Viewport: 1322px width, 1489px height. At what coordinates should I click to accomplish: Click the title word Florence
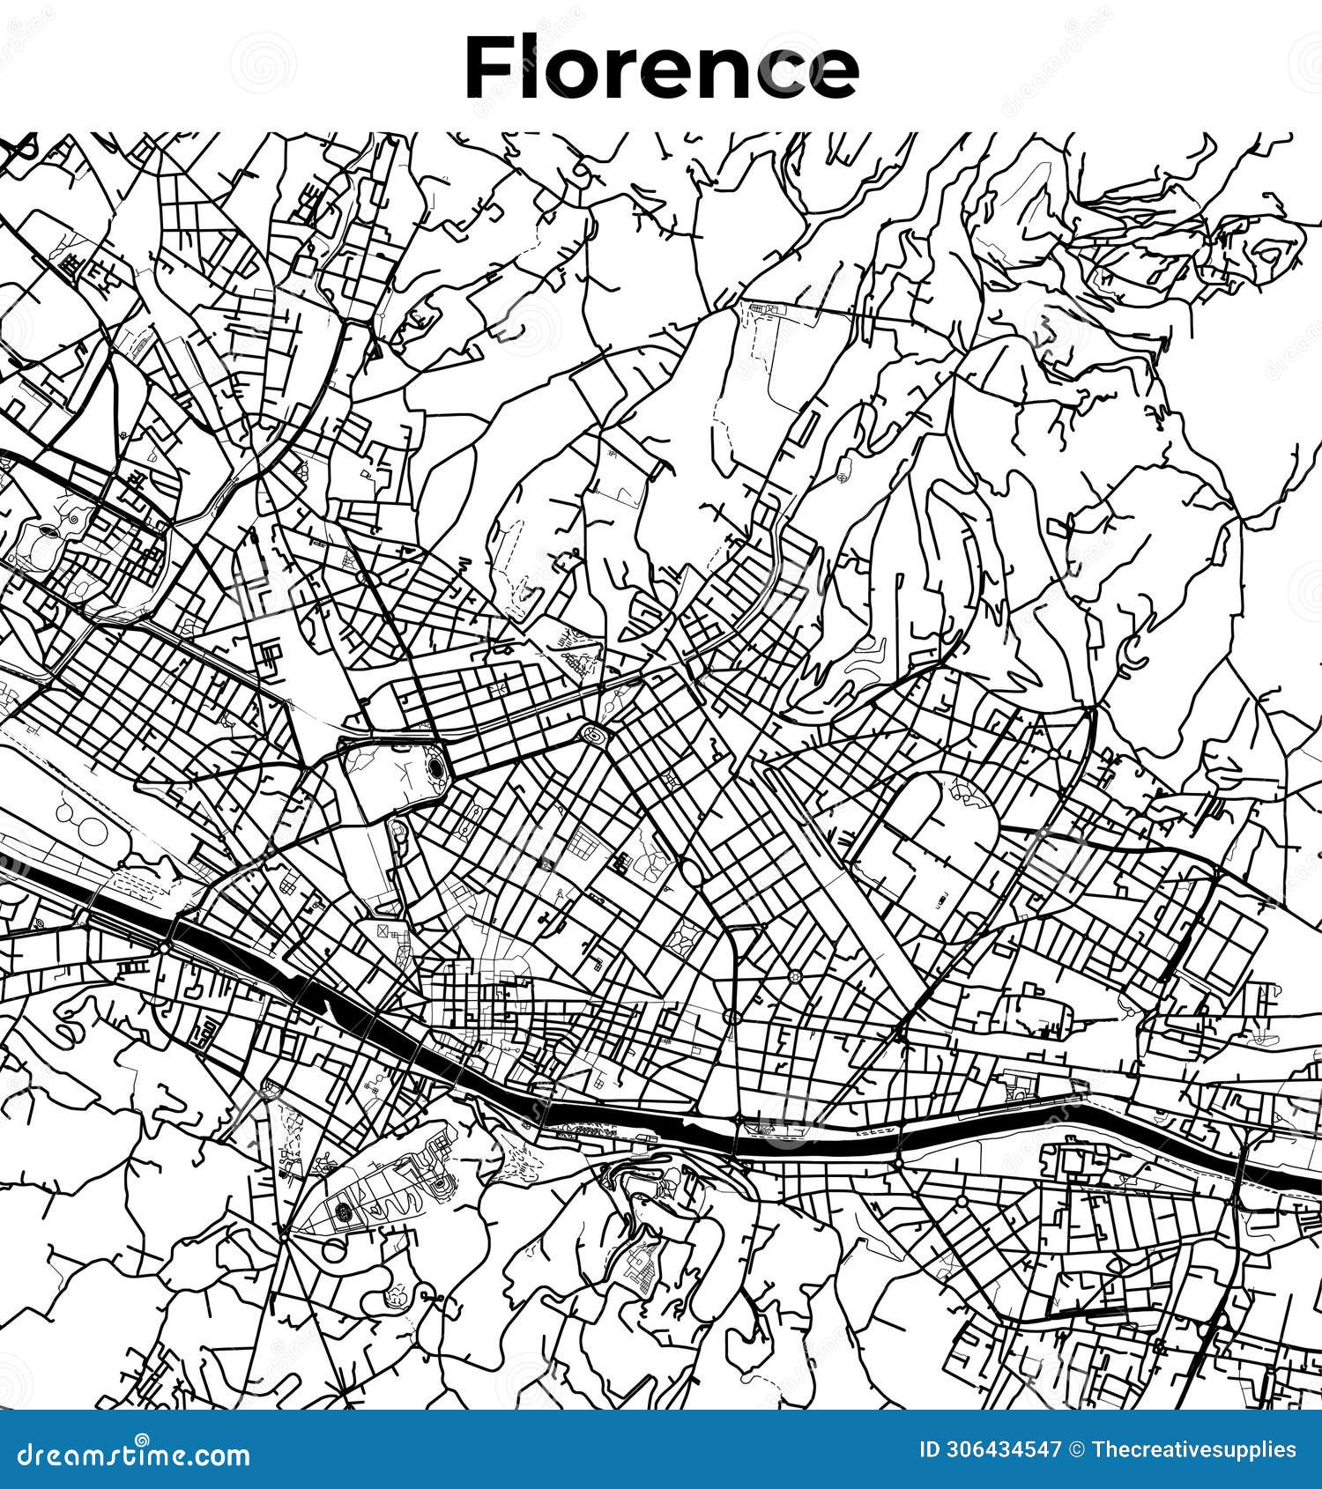pyautogui.click(x=661, y=68)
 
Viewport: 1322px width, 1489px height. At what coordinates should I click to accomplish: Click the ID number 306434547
pyautogui.click(x=1002, y=1450)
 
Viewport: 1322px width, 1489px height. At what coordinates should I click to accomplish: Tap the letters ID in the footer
pyautogui.click(x=928, y=1450)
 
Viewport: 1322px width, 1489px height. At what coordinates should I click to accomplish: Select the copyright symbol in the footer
pyautogui.click(x=1077, y=1450)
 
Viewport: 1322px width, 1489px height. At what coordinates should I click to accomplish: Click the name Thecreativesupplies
pyautogui.click(x=1194, y=1450)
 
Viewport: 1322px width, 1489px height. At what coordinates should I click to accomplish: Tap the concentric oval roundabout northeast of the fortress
pyautogui.click(x=593, y=732)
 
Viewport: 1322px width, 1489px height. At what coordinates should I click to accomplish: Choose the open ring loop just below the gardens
pyautogui.click(x=334, y=1250)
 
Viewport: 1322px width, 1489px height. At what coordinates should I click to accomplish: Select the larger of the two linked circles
pyautogui.click(x=91, y=829)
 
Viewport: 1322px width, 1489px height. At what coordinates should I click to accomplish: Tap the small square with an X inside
pyautogui.click(x=382, y=930)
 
